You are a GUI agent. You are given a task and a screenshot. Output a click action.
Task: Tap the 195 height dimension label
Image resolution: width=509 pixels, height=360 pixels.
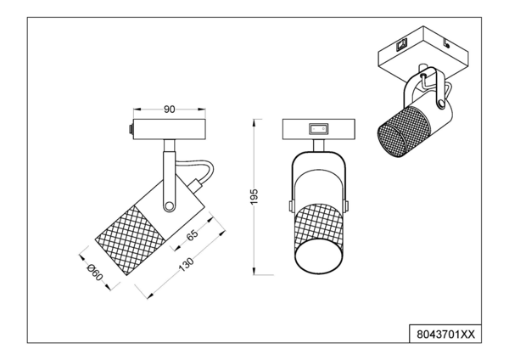pos(266,196)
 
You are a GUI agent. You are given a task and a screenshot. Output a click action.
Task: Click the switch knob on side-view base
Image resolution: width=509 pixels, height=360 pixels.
pos(129,130)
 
